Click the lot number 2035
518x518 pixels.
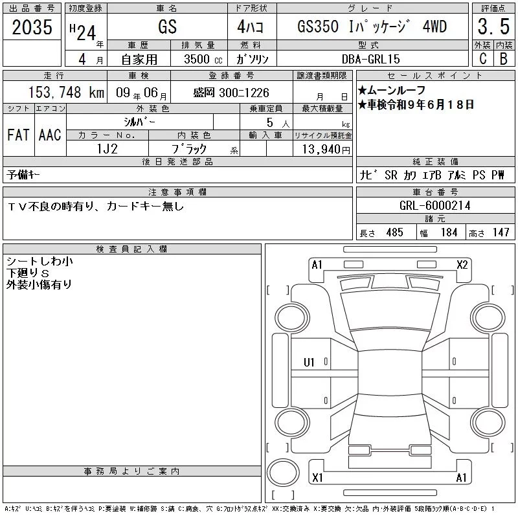tap(32, 27)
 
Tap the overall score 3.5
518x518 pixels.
tap(493, 27)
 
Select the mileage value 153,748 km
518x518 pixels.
tap(66, 92)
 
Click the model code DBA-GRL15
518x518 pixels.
tap(370, 59)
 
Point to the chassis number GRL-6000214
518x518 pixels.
tap(434, 205)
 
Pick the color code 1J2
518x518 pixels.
tap(107, 149)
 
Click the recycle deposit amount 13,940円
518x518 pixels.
tap(326, 150)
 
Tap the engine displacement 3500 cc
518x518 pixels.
tap(203, 59)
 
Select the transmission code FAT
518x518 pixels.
tap(18, 135)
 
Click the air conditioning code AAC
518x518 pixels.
tap(50, 135)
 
